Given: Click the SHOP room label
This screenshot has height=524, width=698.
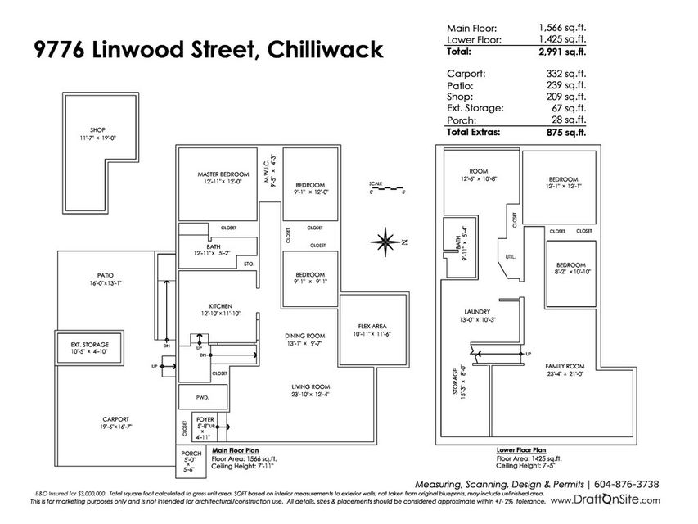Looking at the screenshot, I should coord(98,129).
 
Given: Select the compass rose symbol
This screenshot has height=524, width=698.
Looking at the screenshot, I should coord(384,241).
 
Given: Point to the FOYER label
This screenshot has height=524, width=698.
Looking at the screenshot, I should coord(205,419).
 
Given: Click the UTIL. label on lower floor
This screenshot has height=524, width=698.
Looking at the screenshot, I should coord(510,256).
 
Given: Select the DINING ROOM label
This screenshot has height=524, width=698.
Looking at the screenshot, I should coord(305,336).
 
